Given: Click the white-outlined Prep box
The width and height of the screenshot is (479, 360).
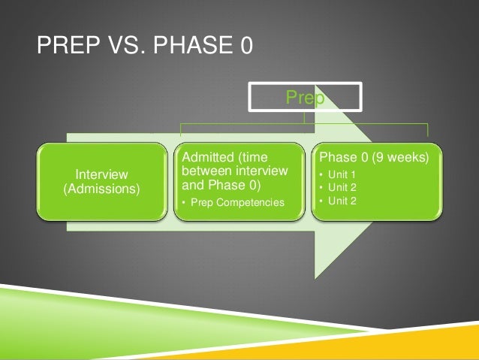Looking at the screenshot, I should [306, 97].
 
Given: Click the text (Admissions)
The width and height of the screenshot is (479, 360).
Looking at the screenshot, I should [101, 189].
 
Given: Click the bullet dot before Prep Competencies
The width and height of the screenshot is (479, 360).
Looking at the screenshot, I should [185, 204].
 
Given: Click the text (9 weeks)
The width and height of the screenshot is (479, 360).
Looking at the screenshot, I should [398, 158].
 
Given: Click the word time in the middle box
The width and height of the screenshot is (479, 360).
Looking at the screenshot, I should [273, 157].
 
